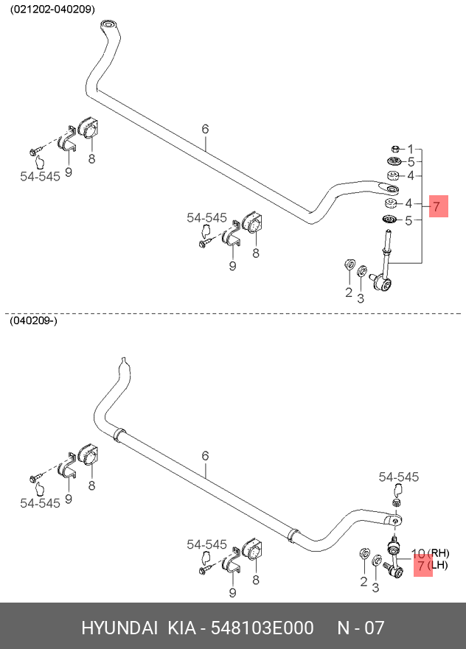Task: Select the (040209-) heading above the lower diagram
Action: (33, 321)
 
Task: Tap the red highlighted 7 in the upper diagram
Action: (436, 207)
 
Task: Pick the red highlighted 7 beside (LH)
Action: (422, 566)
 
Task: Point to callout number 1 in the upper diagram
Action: (410, 149)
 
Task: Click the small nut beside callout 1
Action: (394, 149)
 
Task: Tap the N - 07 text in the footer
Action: (361, 628)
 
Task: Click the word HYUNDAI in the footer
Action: (119, 628)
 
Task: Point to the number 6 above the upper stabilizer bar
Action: (205, 129)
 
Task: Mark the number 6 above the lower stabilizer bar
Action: (205, 457)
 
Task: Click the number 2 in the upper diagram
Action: (349, 293)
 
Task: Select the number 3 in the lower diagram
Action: (375, 587)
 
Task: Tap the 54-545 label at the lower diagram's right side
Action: (398, 477)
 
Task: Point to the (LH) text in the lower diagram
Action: (438, 566)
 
